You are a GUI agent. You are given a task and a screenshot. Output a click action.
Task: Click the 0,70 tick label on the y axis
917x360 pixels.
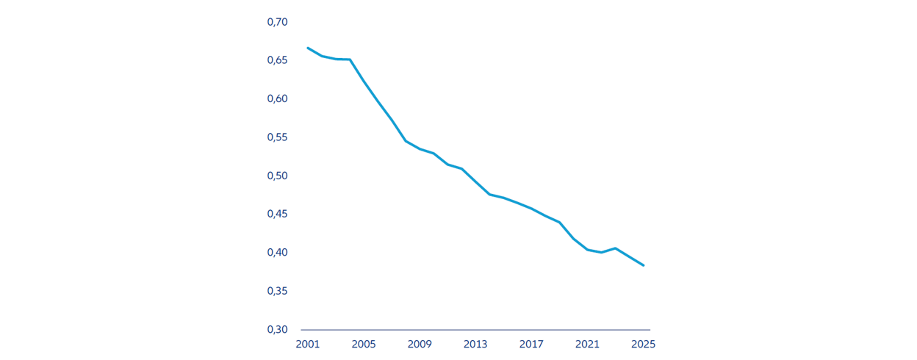click(x=277, y=22)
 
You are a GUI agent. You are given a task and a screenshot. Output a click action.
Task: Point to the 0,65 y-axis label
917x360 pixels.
click(x=277, y=60)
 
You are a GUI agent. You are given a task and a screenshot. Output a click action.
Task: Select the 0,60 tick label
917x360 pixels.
click(x=277, y=99)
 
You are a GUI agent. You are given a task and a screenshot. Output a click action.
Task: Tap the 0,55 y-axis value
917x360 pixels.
click(x=277, y=137)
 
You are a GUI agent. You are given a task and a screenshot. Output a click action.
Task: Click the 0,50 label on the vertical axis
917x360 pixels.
click(x=277, y=176)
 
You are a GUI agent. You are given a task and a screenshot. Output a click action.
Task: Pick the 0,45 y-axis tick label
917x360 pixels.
click(x=277, y=215)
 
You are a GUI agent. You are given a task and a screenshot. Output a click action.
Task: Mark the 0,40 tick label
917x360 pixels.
click(x=277, y=253)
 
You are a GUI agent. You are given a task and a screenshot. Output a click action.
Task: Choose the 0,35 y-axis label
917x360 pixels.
click(x=277, y=291)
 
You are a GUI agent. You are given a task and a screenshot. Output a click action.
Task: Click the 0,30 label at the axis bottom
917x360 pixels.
click(x=277, y=330)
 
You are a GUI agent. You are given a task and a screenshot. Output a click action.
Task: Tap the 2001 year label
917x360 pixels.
click(x=308, y=345)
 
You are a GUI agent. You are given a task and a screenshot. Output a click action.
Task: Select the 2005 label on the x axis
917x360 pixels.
click(x=364, y=345)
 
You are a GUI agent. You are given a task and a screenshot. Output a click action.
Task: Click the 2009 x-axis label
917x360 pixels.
click(x=420, y=345)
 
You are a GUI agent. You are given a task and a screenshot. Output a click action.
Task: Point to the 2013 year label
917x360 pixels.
click(x=475, y=345)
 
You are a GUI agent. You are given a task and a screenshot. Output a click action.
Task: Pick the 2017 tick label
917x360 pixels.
click(x=531, y=345)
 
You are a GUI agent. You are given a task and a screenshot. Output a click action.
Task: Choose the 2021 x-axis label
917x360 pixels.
click(x=587, y=345)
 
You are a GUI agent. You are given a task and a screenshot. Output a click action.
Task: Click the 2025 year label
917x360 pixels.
click(x=643, y=345)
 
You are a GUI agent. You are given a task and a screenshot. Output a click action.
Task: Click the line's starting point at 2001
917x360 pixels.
click(x=308, y=48)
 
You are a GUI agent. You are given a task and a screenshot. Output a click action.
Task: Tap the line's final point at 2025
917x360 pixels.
click(x=644, y=265)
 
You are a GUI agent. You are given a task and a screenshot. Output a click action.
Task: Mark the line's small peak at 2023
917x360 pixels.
click(x=616, y=248)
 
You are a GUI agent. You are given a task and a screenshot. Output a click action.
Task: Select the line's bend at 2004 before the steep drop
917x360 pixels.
click(x=350, y=60)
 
